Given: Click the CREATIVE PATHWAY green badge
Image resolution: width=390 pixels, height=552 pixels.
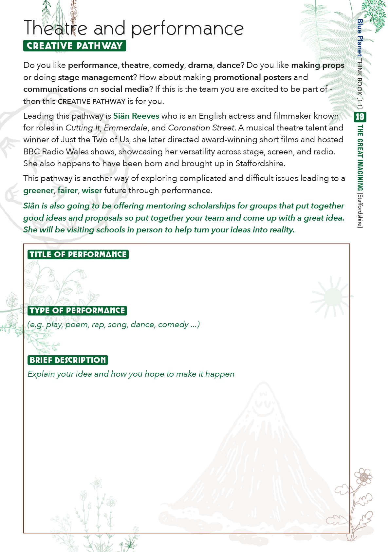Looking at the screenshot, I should click(x=75, y=46).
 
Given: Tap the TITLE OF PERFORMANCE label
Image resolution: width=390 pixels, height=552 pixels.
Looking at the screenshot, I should click(x=78, y=255).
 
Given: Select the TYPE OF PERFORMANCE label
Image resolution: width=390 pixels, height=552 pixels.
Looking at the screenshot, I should click(x=77, y=311).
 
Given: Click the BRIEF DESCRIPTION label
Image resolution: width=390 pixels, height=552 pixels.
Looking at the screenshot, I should click(x=68, y=360).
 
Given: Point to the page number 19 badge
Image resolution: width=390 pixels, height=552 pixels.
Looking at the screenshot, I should click(x=360, y=117).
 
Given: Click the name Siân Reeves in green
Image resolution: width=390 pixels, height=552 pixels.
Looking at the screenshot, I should click(x=136, y=116).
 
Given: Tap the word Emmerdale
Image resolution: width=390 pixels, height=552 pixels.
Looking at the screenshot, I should click(x=125, y=128).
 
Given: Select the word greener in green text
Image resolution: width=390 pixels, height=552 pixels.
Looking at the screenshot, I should click(x=38, y=190).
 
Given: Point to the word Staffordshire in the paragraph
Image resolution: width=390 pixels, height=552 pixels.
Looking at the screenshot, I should click(x=260, y=164).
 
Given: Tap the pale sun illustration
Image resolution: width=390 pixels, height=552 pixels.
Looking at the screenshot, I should click(x=331, y=297).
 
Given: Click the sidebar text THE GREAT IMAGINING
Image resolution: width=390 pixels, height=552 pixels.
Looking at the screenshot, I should click(x=360, y=158).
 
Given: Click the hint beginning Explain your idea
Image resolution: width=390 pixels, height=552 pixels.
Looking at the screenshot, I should click(x=131, y=374).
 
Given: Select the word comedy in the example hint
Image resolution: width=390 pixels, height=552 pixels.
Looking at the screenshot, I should click(x=173, y=325).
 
